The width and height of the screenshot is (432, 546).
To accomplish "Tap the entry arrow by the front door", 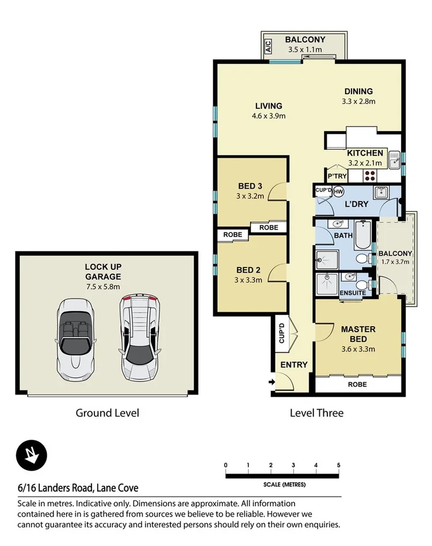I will (x=270, y=381).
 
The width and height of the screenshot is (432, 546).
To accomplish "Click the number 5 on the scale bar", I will (x=339, y=465).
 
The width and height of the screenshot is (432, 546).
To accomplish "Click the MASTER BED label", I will (x=358, y=334).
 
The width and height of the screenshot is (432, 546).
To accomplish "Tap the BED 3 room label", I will (x=250, y=186).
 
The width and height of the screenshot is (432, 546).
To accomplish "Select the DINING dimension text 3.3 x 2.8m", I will (x=359, y=101).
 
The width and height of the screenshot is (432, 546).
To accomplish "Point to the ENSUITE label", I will (x=352, y=293).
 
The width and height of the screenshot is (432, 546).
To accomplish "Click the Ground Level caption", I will (x=107, y=413).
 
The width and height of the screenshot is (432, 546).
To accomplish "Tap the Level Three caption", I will (x=316, y=413).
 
